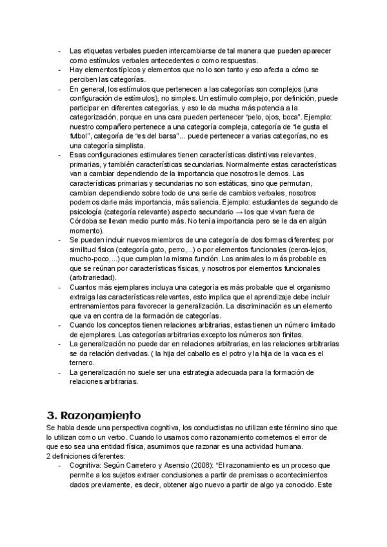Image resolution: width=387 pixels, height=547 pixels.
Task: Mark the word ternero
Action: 83,363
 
